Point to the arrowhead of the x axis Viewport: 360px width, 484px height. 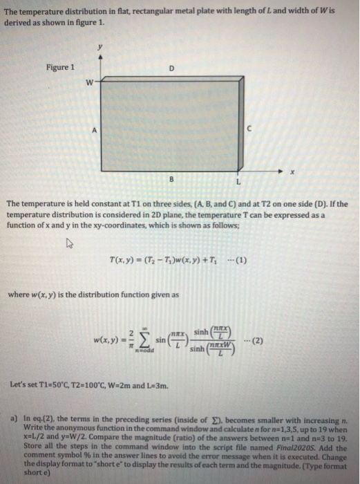pos(282,169)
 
